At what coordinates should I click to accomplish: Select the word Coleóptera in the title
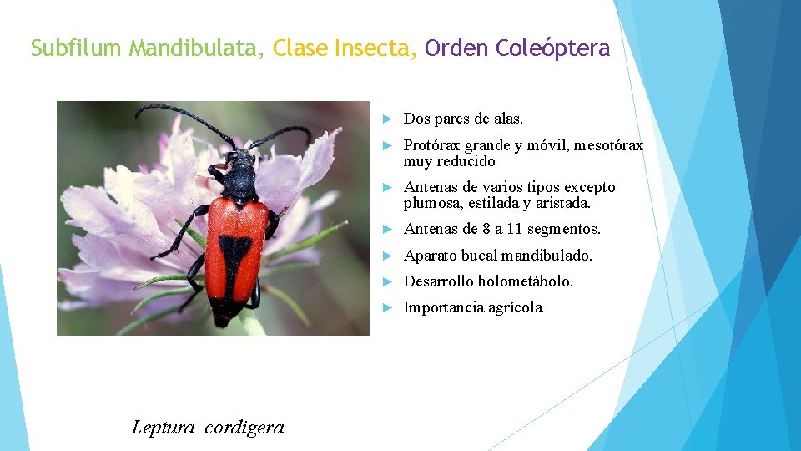[552, 48]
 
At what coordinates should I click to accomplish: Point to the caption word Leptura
[164, 428]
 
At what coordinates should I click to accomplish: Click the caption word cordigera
[244, 428]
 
